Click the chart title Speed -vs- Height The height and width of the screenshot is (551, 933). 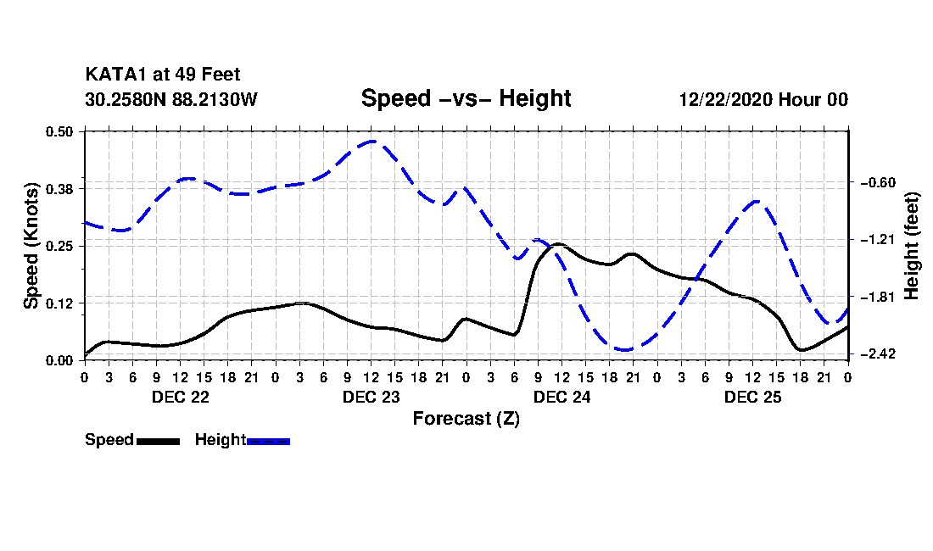466,98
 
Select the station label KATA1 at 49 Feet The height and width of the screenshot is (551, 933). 163,75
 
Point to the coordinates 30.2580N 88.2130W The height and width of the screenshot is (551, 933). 170,99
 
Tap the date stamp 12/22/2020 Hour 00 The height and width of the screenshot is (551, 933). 763,99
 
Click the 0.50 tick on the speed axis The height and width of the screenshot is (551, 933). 59,131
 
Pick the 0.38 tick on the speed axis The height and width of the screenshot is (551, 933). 59,189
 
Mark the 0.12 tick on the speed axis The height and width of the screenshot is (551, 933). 59,303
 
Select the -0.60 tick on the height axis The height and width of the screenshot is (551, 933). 878,182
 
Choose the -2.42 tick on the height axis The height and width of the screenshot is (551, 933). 878,354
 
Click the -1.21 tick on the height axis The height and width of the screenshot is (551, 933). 878,240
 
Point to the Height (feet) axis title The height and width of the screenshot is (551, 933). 911,246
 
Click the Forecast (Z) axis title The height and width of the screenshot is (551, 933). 466,419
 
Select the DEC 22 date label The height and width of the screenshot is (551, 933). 181,397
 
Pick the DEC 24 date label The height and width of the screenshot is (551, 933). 561,397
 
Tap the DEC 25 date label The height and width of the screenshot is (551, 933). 752,397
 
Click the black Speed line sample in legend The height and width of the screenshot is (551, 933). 159,441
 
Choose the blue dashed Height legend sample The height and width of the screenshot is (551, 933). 268,441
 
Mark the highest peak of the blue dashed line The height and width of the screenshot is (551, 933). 372,142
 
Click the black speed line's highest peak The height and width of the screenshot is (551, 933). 558,244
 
